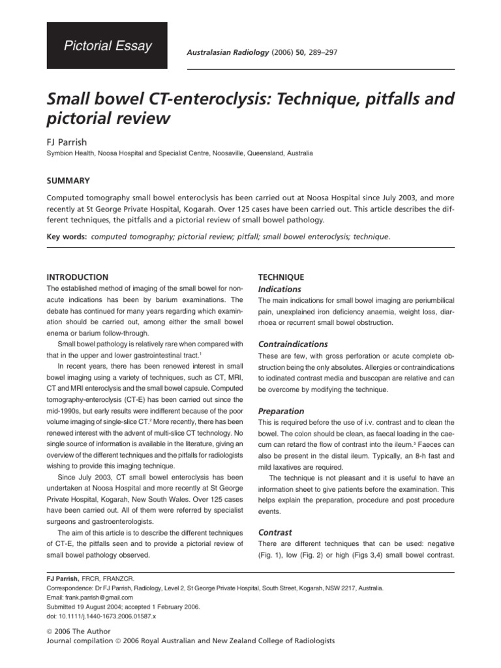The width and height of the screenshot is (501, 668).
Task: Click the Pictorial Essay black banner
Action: (106, 46)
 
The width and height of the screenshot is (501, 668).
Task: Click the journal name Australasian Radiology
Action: (222, 51)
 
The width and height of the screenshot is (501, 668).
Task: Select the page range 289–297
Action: (332, 51)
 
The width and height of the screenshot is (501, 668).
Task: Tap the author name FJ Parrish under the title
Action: (68, 141)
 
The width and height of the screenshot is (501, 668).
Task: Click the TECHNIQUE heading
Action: (282, 277)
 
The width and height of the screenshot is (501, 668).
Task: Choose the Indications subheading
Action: (280, 288)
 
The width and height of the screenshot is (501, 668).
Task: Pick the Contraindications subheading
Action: (293, 344)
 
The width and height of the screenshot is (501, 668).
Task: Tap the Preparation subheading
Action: (281, 412)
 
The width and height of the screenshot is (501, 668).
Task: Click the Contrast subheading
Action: (275, 532)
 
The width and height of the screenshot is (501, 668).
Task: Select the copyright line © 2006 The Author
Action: (79, 631)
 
